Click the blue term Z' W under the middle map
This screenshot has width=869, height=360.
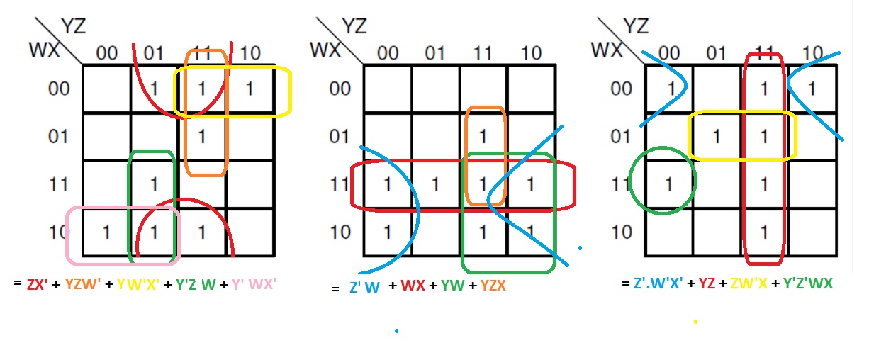coord(363,288)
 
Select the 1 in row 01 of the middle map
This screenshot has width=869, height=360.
coord(483,136)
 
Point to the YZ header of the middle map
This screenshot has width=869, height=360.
coord(354,27)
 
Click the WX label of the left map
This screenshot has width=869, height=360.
coord(43,51)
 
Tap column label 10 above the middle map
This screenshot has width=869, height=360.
coord(531,53)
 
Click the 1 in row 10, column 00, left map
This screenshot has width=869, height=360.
coord(106,232)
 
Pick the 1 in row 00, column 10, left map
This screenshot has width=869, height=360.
coord(249,90)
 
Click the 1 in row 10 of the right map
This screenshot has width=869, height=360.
coord(764,232)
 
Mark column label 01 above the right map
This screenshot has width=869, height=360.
coord(717,53)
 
